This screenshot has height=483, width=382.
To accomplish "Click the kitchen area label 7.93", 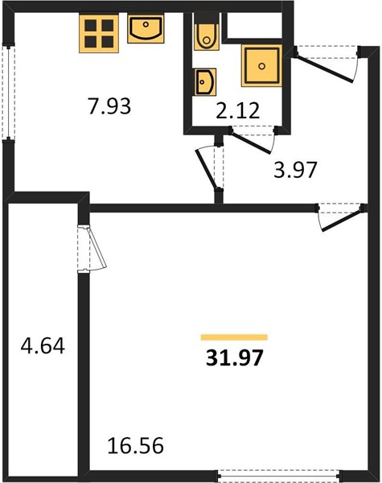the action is tap(109, 105).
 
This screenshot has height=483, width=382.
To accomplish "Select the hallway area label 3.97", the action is tap(295, 170).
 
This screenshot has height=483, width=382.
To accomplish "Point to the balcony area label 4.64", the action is tap(43, 345).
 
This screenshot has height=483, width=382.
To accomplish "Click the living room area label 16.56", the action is tap(135, 445).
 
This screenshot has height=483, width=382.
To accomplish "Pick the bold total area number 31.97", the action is tap(235, 358).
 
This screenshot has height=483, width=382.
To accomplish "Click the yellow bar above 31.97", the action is tap(234, 337).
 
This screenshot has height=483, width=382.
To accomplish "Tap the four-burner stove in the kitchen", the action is tap(99, 34).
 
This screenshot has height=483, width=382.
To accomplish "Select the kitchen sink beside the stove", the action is tap(146, 29).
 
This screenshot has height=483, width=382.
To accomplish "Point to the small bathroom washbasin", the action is tap(205, 82).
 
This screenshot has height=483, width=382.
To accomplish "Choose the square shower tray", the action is tap(261, 66).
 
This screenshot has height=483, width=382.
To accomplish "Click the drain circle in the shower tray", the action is tap(262, 66).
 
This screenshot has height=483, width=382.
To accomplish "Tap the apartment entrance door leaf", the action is tap(324, 68).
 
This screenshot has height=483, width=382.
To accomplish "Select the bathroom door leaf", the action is tap(251, 142).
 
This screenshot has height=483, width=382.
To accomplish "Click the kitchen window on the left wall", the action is tap(8, 93).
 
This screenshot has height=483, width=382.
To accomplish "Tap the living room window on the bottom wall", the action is tap(280, 476).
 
